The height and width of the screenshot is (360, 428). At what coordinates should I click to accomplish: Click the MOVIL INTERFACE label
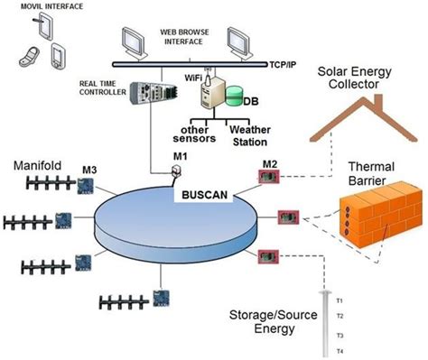click(40, 8)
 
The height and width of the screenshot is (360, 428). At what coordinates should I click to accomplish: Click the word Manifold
click(37, 167)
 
